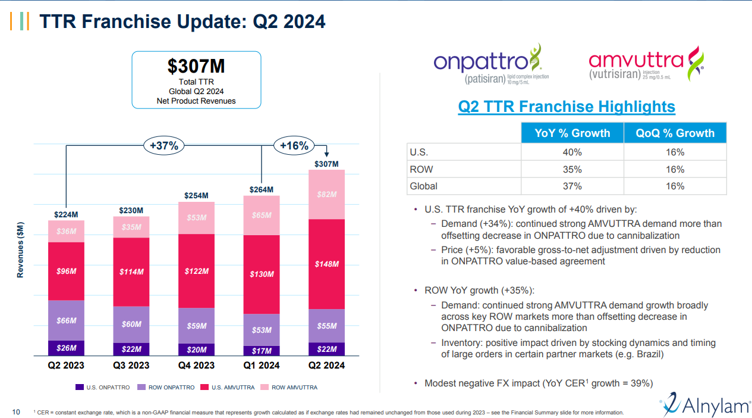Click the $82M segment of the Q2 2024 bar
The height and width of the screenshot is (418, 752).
coord(326,195)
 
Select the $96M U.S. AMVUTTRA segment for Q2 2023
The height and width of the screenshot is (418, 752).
coord(66,271)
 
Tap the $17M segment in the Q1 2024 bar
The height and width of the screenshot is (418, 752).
coord(262,351)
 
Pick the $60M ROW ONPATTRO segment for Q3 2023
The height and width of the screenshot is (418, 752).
coord(131,325)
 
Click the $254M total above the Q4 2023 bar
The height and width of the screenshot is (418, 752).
coord(196,195)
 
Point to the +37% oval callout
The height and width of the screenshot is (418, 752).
coord(163,145)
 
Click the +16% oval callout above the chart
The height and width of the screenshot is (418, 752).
coord(294,145)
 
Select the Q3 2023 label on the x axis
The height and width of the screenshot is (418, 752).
coord(131,365)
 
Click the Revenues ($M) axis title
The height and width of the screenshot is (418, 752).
coord(21,249)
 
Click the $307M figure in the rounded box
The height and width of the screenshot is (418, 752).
coord(196,66)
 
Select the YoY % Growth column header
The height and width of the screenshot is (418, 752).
coord(572,133)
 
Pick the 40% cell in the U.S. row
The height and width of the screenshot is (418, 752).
coord(572,152)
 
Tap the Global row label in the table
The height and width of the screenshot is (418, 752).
coord(423,186)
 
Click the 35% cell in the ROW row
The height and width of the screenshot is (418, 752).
coord(572,170)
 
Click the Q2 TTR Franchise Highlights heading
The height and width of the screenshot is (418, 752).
coord(566,107)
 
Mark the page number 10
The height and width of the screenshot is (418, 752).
coord(17,411)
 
